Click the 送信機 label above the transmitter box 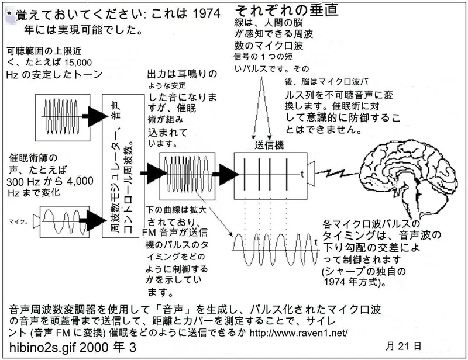pos(269,146)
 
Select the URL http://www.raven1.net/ pos(298,333)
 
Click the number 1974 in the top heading pos(207,13)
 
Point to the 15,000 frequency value pos(78,63)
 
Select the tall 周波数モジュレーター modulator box pos(123,165)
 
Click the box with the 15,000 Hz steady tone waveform pos(63,117)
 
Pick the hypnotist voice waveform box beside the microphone pos(65,222)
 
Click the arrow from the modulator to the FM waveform pos(153,173)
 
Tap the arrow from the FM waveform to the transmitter pos(228,174)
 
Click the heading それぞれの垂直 pos(287,10)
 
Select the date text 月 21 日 pos(403,346)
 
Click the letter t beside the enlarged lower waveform pos(316,242)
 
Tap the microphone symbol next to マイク pos(36,221)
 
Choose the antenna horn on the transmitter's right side pos(311,174)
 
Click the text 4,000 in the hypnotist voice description pos(80,181)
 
